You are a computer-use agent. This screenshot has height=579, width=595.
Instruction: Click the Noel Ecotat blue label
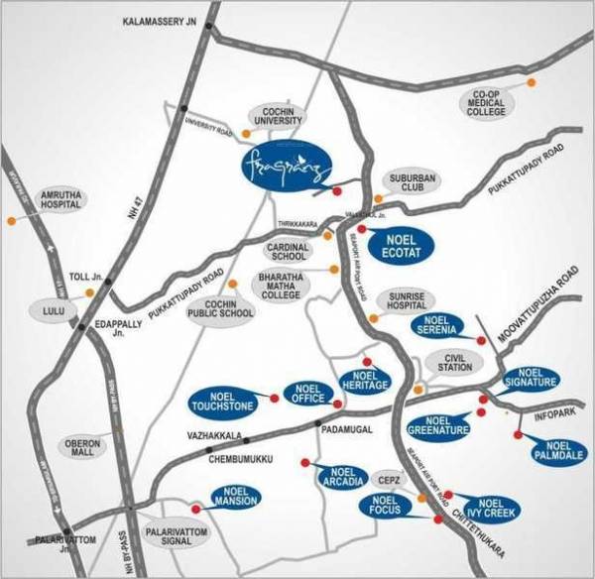402,244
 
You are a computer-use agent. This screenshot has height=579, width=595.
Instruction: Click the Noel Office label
309,393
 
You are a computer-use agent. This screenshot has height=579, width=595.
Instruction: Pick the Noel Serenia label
438,326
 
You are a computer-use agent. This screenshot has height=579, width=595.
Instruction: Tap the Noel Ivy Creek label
483,509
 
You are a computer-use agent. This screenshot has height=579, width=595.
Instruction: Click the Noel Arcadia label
339,478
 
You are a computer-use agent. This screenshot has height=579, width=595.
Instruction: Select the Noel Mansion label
235,498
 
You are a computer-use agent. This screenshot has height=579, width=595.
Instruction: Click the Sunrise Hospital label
406,300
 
